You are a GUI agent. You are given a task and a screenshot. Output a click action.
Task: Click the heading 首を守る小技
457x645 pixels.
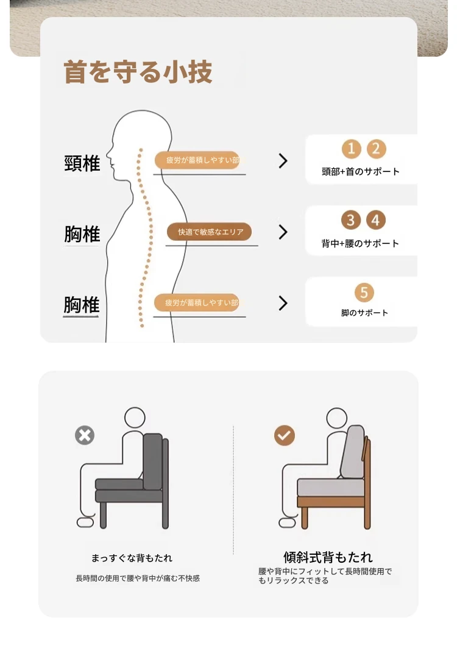pos(138,72)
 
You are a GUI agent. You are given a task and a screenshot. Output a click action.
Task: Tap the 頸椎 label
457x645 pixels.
pos(82,163)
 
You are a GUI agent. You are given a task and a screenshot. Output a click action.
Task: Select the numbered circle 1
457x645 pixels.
pos(352,149)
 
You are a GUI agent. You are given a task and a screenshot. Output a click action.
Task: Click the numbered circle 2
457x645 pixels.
pos(376,149)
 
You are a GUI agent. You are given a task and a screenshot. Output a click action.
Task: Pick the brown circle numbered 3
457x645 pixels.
pos(350,220)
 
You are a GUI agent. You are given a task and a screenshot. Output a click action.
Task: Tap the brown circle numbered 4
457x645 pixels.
pos(375,220)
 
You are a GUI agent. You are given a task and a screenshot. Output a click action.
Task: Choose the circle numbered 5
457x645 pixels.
pos(364,293)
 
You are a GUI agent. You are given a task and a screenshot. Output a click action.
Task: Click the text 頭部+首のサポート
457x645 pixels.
pos(361,171)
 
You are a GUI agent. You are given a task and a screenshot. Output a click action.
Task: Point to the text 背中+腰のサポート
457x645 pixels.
pos(360,243)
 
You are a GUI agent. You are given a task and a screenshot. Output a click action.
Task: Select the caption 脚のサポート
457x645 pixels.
pos(364,313)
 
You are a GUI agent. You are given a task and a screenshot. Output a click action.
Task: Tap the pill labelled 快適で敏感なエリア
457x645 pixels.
pos(209,232)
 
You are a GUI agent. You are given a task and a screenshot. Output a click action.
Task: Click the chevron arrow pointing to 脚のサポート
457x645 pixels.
pos(283,303)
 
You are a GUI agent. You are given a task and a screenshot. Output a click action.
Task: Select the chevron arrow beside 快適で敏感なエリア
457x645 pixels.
pos(283,232)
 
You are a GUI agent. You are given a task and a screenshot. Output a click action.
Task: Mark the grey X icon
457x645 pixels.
pos(85,435)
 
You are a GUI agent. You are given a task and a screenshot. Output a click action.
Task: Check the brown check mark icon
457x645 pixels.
pos(285,435)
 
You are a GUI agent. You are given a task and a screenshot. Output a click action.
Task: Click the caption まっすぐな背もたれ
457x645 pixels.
pos(132,558)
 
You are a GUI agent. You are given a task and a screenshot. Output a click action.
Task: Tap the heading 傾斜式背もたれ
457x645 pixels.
pos(328,557)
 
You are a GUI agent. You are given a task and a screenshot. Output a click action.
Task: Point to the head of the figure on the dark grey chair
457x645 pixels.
pos(135,418)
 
